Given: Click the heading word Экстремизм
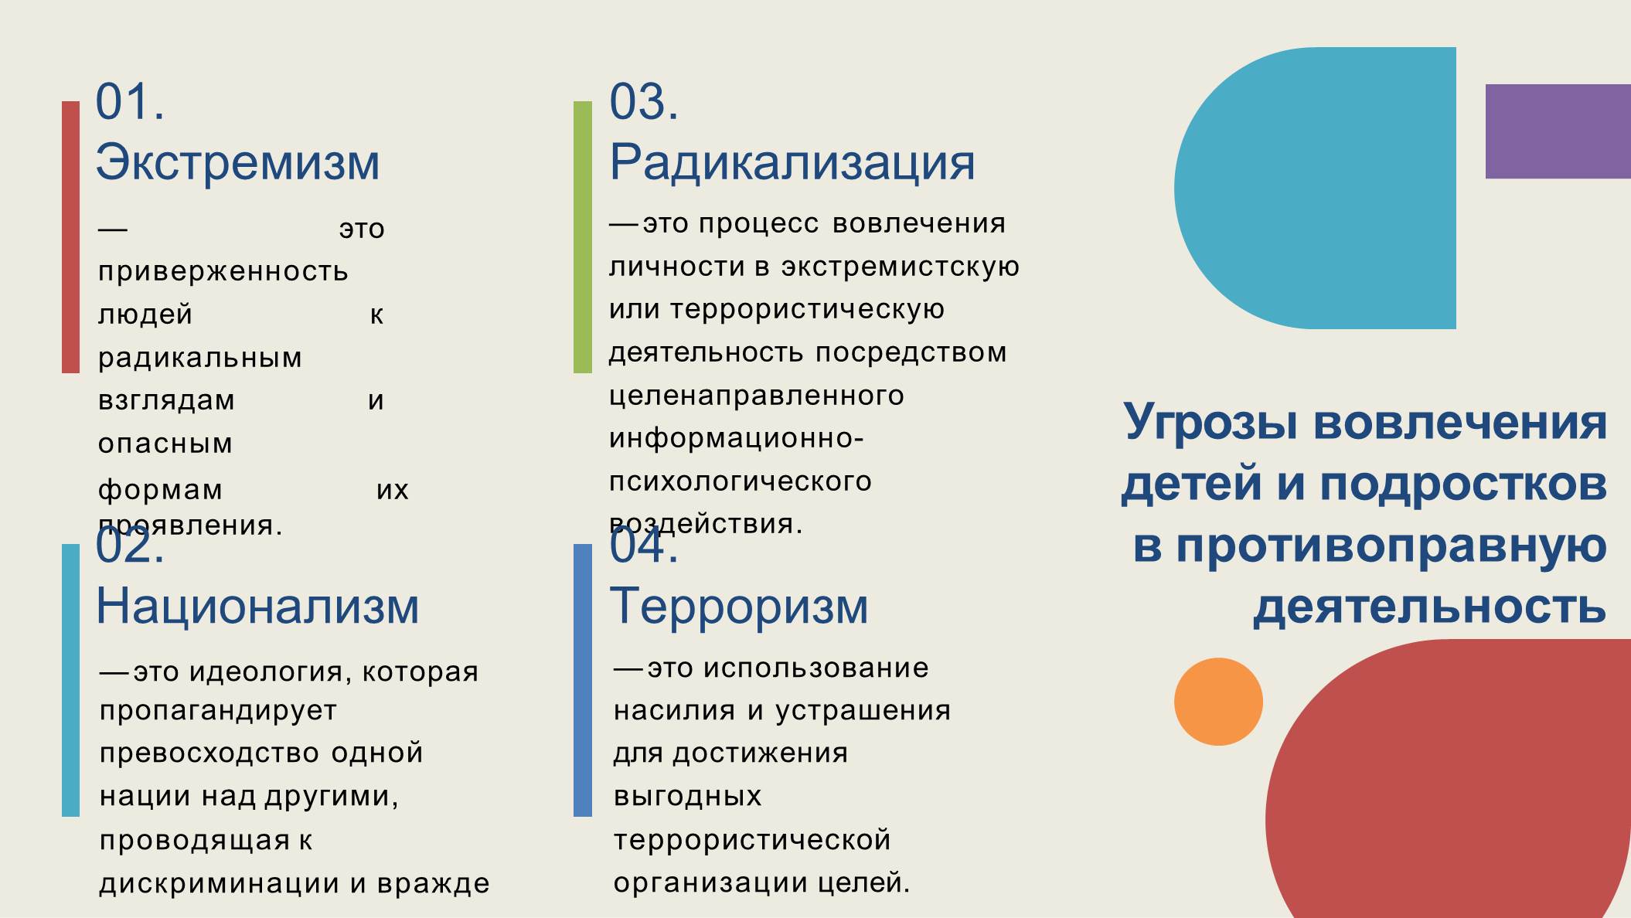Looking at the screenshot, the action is (x=237, y=162).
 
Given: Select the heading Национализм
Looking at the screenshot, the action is (x=257, y=606).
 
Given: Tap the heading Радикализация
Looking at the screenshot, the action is (x=792, y=164).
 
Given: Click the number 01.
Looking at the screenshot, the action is (x=130, y=102).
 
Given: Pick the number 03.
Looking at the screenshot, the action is (x=644, y=102).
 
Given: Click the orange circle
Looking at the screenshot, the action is (x=1218, y=702).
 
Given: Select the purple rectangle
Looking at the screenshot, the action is (x=1558, y=131).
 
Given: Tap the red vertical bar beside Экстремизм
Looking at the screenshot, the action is (x=70, y=237).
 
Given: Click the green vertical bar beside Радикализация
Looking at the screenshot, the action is (x=583, y=237).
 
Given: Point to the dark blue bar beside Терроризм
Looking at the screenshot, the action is (x=583, y=680).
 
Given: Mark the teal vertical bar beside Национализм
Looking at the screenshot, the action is (x=70, y=680).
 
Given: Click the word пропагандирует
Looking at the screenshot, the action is (x=218, y=712).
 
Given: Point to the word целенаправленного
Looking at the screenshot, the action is (x=757, y=396).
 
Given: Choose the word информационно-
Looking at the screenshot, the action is (x=736, y=439).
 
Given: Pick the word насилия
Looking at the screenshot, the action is (x=674, y=711).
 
